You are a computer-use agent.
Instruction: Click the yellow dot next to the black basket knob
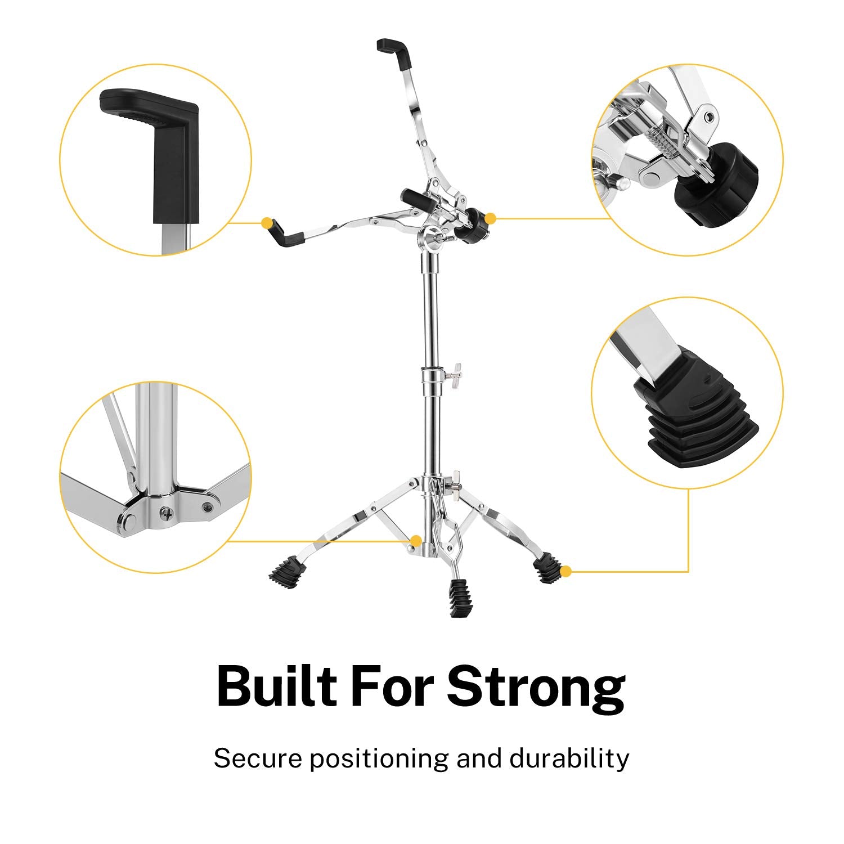coord(490,218)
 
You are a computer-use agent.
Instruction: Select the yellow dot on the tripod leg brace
coord(415,541)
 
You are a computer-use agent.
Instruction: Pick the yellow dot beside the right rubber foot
coord(566,572)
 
